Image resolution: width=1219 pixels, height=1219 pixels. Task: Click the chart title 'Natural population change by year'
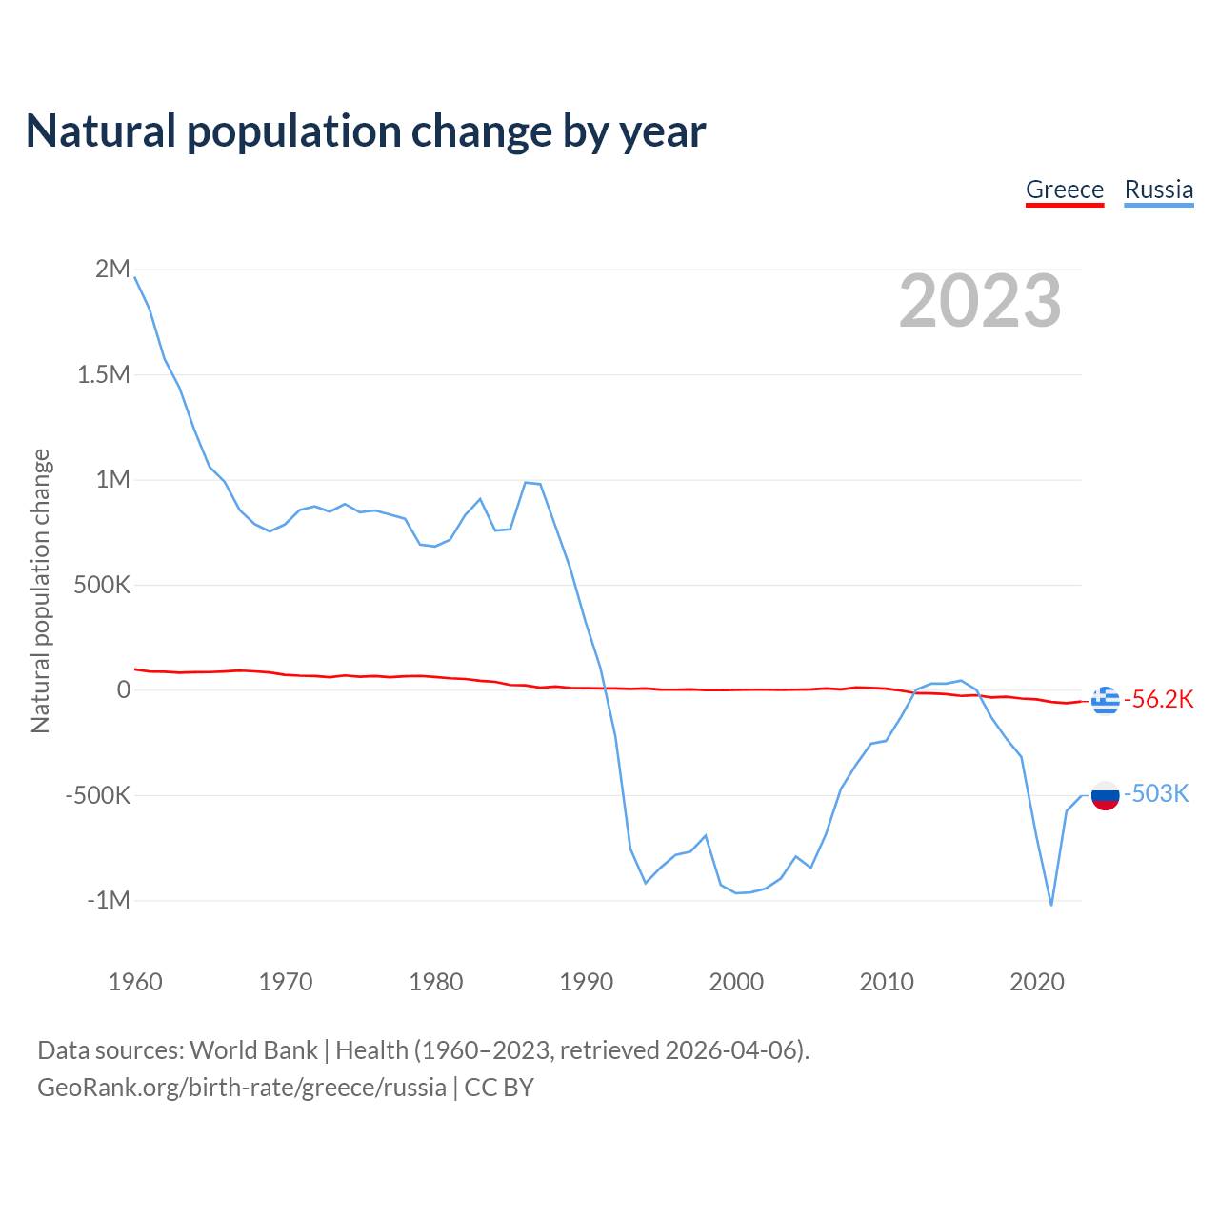(x=366, y=131)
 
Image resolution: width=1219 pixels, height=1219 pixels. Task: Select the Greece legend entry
(x=1064, y=190)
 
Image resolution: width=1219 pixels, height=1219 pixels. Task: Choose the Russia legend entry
(x=1158, y=190)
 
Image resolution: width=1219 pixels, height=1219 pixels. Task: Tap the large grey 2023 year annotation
(x=980, y=301)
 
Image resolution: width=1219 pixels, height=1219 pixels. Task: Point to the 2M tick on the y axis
(x=112, y=269)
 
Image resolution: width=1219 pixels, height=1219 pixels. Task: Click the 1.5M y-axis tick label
(x=103, y=374)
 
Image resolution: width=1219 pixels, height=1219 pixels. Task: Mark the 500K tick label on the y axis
(x=102, y=585)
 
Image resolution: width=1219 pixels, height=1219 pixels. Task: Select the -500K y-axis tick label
(x=97, y=795)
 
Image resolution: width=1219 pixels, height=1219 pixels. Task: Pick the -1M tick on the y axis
(x=108, y=900)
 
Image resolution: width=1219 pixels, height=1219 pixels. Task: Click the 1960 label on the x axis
(x=135, y=982)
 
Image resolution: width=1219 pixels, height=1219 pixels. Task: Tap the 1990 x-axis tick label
(x=587, y=982)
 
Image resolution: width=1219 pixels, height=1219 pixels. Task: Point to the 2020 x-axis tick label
(x=1037, y=982)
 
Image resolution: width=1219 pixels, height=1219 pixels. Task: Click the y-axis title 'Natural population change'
(x=41, y=591)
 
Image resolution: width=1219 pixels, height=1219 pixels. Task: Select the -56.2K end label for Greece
(x=1158, y=700)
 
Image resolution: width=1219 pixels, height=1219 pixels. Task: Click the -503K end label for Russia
(x=1156, y=794)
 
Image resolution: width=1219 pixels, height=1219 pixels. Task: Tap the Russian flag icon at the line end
(x=1105, y=795)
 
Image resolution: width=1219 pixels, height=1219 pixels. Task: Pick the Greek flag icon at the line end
(x=1105, y=700)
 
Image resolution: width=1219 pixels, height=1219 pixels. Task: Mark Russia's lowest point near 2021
(x=1051, y=905)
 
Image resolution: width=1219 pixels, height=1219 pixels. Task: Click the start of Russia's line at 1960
(x=135, y=277)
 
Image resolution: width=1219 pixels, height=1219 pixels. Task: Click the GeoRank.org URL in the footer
(x=242, y=1088)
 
